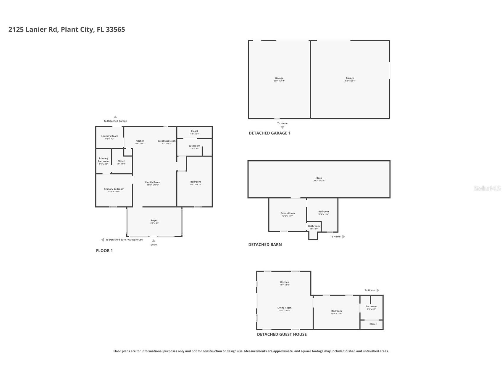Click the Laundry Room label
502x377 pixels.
(109, 136)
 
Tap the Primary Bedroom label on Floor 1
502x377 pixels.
(114, 189)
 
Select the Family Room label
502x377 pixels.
(152, 183)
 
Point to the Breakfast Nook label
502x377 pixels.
(166, 141)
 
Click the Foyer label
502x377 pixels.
(154, 221)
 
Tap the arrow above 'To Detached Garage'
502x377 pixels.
(115, 117)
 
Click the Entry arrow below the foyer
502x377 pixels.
(154, 241)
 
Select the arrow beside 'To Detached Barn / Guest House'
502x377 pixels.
(102, 240)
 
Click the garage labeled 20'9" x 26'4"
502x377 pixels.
(279, 79)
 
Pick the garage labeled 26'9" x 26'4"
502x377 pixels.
(350, 79)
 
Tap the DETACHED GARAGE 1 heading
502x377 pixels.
(269, 133)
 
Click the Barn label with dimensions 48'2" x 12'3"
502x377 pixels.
(319, 178)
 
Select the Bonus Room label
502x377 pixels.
(288, 213)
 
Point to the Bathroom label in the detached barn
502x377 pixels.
(314, 226)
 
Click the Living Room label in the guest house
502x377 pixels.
(284, 308)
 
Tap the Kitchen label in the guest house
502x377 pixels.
(284, 282)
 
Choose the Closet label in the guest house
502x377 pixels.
(373, 324)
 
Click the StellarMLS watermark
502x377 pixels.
(487, 188)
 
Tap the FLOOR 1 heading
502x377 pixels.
(104, 251)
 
